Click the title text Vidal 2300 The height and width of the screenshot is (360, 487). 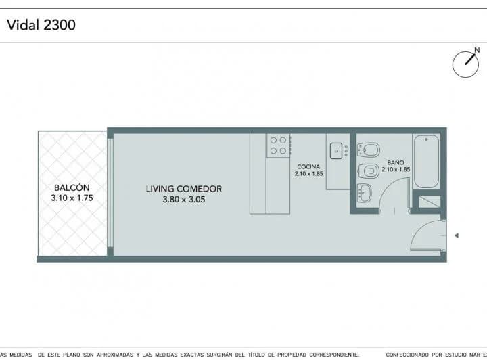[x=41, y=26]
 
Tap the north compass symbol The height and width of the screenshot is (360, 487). [x=465, y=63]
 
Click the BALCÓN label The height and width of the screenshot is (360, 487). [x=72, y=188]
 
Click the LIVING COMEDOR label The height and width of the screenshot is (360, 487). [x=184, y=189]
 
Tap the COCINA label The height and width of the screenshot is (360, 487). [x=308, y=166]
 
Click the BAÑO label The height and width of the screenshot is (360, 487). [x=396, y=163]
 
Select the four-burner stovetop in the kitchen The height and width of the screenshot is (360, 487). [x=278, y=145]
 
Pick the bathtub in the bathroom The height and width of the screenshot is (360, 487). [x=426, y=161]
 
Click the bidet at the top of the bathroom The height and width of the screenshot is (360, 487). [x=369, y=148]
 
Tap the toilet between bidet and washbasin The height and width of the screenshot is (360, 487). [x=369, y=170]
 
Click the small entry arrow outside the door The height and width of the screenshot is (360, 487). [x=457, y=235]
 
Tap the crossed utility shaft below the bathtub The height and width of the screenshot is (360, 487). [x=429, y=202]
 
